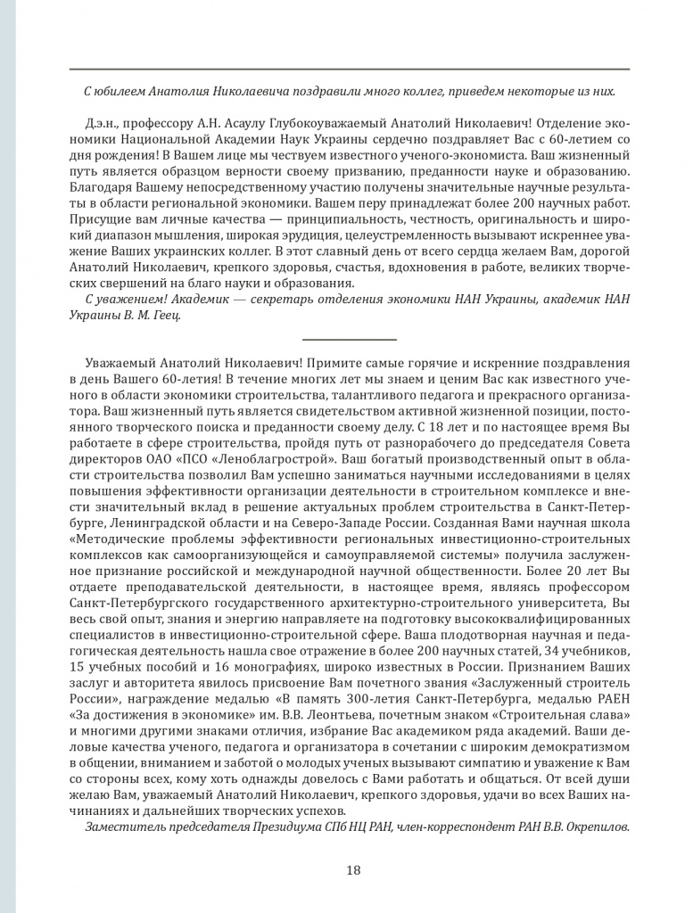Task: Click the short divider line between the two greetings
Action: (350, 340)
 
